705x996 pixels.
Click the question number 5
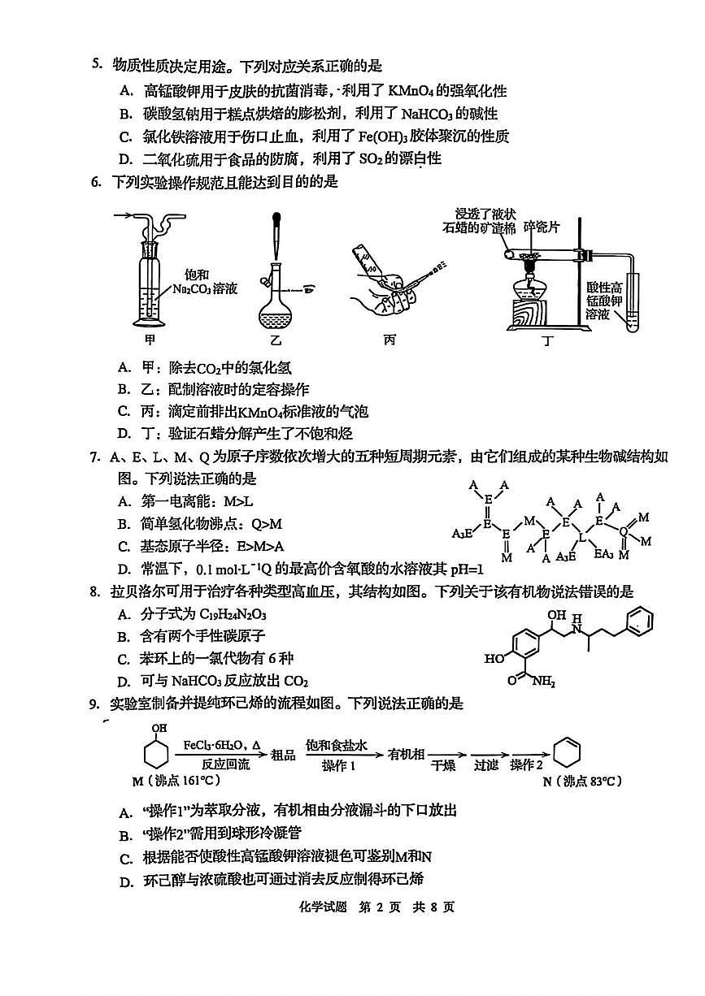click(x=95, y=66)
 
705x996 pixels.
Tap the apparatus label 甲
click(x=150, y=340)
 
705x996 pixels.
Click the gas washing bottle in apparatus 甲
click(x=150, y=276)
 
